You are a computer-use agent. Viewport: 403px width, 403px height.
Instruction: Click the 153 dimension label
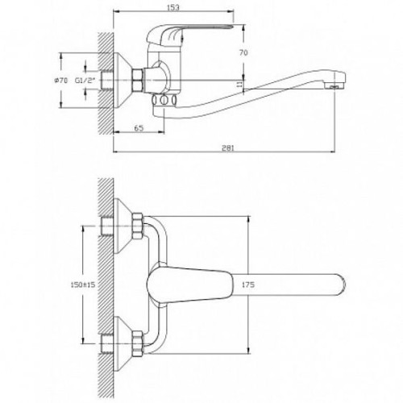173,7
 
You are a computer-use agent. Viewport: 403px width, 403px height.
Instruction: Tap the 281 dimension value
228,148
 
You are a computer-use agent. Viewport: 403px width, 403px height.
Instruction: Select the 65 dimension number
139,128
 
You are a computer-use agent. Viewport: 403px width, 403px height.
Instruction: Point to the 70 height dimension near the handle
243,52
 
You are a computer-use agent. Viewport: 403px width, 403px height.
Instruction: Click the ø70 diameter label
61,80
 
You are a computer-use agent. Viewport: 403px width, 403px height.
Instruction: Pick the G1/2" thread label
85,80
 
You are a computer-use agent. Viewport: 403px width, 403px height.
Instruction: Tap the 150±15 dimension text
83,285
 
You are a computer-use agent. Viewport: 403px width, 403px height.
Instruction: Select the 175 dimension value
248,285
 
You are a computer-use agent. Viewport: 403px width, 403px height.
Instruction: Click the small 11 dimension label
239,85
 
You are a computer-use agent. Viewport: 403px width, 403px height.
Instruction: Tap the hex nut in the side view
137,80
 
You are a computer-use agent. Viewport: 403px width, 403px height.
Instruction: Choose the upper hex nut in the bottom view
137,226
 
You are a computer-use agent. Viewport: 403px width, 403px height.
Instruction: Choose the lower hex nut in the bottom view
137,344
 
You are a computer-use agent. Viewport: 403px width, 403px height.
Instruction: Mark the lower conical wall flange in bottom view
123,344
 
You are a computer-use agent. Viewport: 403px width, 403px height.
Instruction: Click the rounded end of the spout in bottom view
341,285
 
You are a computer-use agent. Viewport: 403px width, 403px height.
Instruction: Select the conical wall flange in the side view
123,80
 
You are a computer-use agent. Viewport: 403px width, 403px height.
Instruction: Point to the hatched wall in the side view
106,83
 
